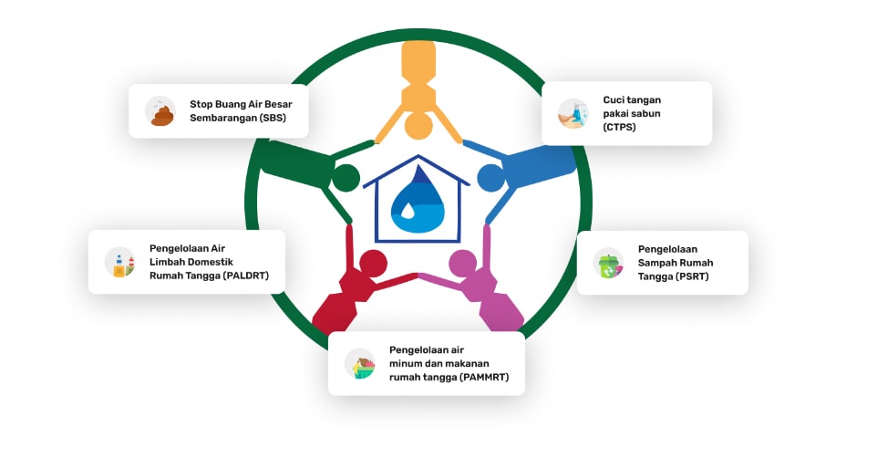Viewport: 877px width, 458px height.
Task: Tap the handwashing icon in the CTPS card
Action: point(573,113)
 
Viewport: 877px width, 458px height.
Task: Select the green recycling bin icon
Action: point(608,263)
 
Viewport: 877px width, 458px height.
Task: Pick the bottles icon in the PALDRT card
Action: point(119,263)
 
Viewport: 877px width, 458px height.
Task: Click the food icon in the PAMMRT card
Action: point(360,363)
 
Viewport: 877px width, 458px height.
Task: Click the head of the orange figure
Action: point(418,125)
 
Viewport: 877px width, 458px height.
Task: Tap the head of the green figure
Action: point(345,178)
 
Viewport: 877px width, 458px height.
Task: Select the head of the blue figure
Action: point(490,178)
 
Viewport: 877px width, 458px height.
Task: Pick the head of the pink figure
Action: point(463,264)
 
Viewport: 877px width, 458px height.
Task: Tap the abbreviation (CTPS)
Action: point(619,128)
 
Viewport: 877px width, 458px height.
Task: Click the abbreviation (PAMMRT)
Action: point(484,377)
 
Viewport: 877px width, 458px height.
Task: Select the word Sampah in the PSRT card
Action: point(657,263)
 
